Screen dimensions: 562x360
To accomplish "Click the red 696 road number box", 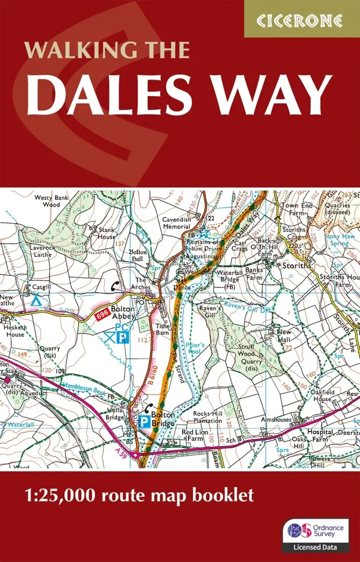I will pyautogui.click(x=100, y=317).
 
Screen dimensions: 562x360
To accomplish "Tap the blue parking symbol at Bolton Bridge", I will pyautogui.click(x=144, y=421).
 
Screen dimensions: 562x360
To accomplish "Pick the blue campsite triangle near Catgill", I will pyautogui.click(x=36, y=300).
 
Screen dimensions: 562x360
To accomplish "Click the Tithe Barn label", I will pyautogui.click(x=162, y=329).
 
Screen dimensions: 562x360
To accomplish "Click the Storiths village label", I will pyautogui.click(x=297, y=265).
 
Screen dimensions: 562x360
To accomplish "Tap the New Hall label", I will pyautogui.click(x=284, y=335).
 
